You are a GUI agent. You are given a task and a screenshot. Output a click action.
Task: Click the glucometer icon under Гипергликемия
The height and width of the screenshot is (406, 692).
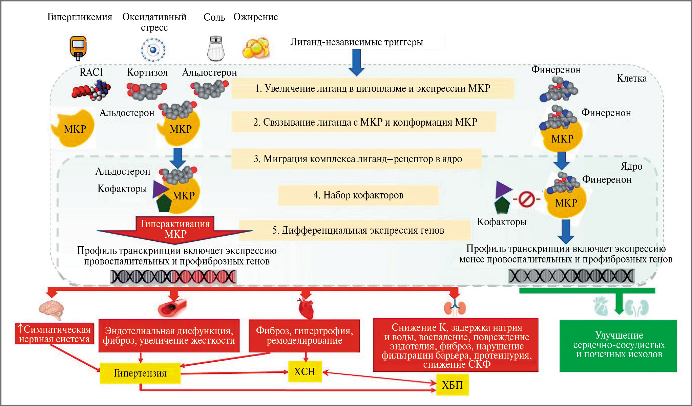coord(78,48)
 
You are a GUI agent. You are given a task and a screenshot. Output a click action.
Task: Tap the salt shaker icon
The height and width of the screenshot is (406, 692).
coord(216,49)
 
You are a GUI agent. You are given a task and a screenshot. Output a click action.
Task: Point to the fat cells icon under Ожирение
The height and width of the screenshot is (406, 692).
coord(256,48)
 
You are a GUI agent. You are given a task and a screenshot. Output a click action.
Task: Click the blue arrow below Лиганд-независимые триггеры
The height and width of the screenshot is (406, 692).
coord(356,62)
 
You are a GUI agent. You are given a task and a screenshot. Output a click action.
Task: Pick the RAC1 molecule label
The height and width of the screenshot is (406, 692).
coord(91,72)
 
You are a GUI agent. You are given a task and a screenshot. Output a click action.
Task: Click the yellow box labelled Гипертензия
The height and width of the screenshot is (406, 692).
coord(140,373)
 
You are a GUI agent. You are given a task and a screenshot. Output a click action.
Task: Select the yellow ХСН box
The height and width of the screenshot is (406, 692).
coord(305,371)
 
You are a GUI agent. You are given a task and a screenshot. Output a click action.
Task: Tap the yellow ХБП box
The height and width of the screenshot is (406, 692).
coord(452,385)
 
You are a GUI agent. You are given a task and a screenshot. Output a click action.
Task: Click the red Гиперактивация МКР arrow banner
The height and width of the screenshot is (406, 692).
coord(175,229)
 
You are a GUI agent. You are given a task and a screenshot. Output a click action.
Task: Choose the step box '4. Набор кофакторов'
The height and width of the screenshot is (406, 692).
coord(358,195)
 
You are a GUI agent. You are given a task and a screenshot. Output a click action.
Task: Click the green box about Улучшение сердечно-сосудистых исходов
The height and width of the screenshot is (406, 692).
coord(618,345)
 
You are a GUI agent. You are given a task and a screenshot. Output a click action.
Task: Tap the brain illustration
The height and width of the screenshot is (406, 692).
coord(51,309)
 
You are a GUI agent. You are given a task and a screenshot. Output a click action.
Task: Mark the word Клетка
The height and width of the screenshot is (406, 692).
coord(631,79)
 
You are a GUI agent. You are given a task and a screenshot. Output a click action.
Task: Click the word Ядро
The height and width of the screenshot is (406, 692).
coord(631,166)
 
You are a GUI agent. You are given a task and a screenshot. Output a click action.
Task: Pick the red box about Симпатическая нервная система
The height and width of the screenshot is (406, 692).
coord(55,334)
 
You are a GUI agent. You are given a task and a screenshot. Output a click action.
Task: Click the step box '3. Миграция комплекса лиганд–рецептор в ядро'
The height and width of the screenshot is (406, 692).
coord(357,159)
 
